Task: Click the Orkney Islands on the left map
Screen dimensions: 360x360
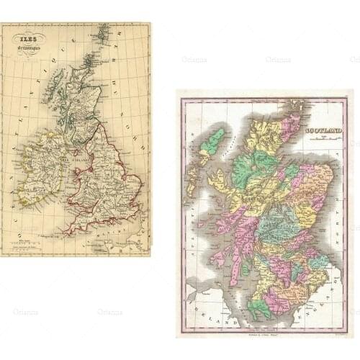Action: point(89,59)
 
